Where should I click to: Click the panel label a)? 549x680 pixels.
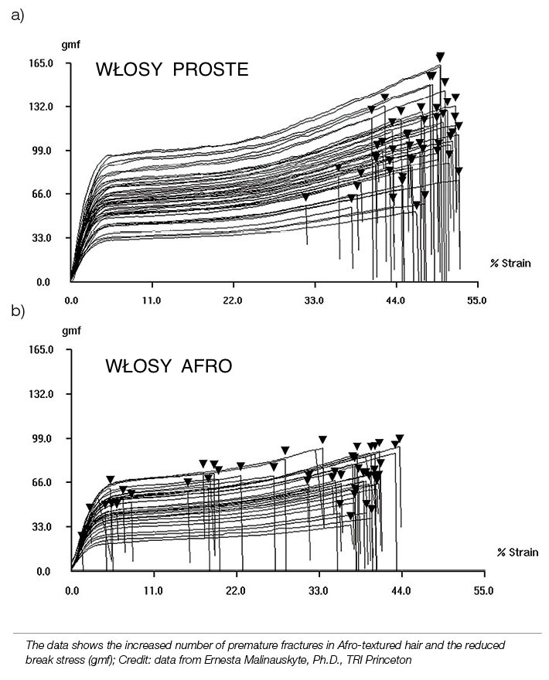[x=16, y=15]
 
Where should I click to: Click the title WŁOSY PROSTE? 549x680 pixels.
[x=172, y=70]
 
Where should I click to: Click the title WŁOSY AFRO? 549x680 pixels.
[x=169, y=366]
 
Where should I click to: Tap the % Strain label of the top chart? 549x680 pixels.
[x=510, y=263]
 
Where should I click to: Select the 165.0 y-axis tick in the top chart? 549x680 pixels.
[x=38, y=63]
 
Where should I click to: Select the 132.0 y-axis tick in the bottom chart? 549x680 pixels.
[x=38, y=394]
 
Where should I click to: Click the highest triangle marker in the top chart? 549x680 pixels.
[x=440, y=56]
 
